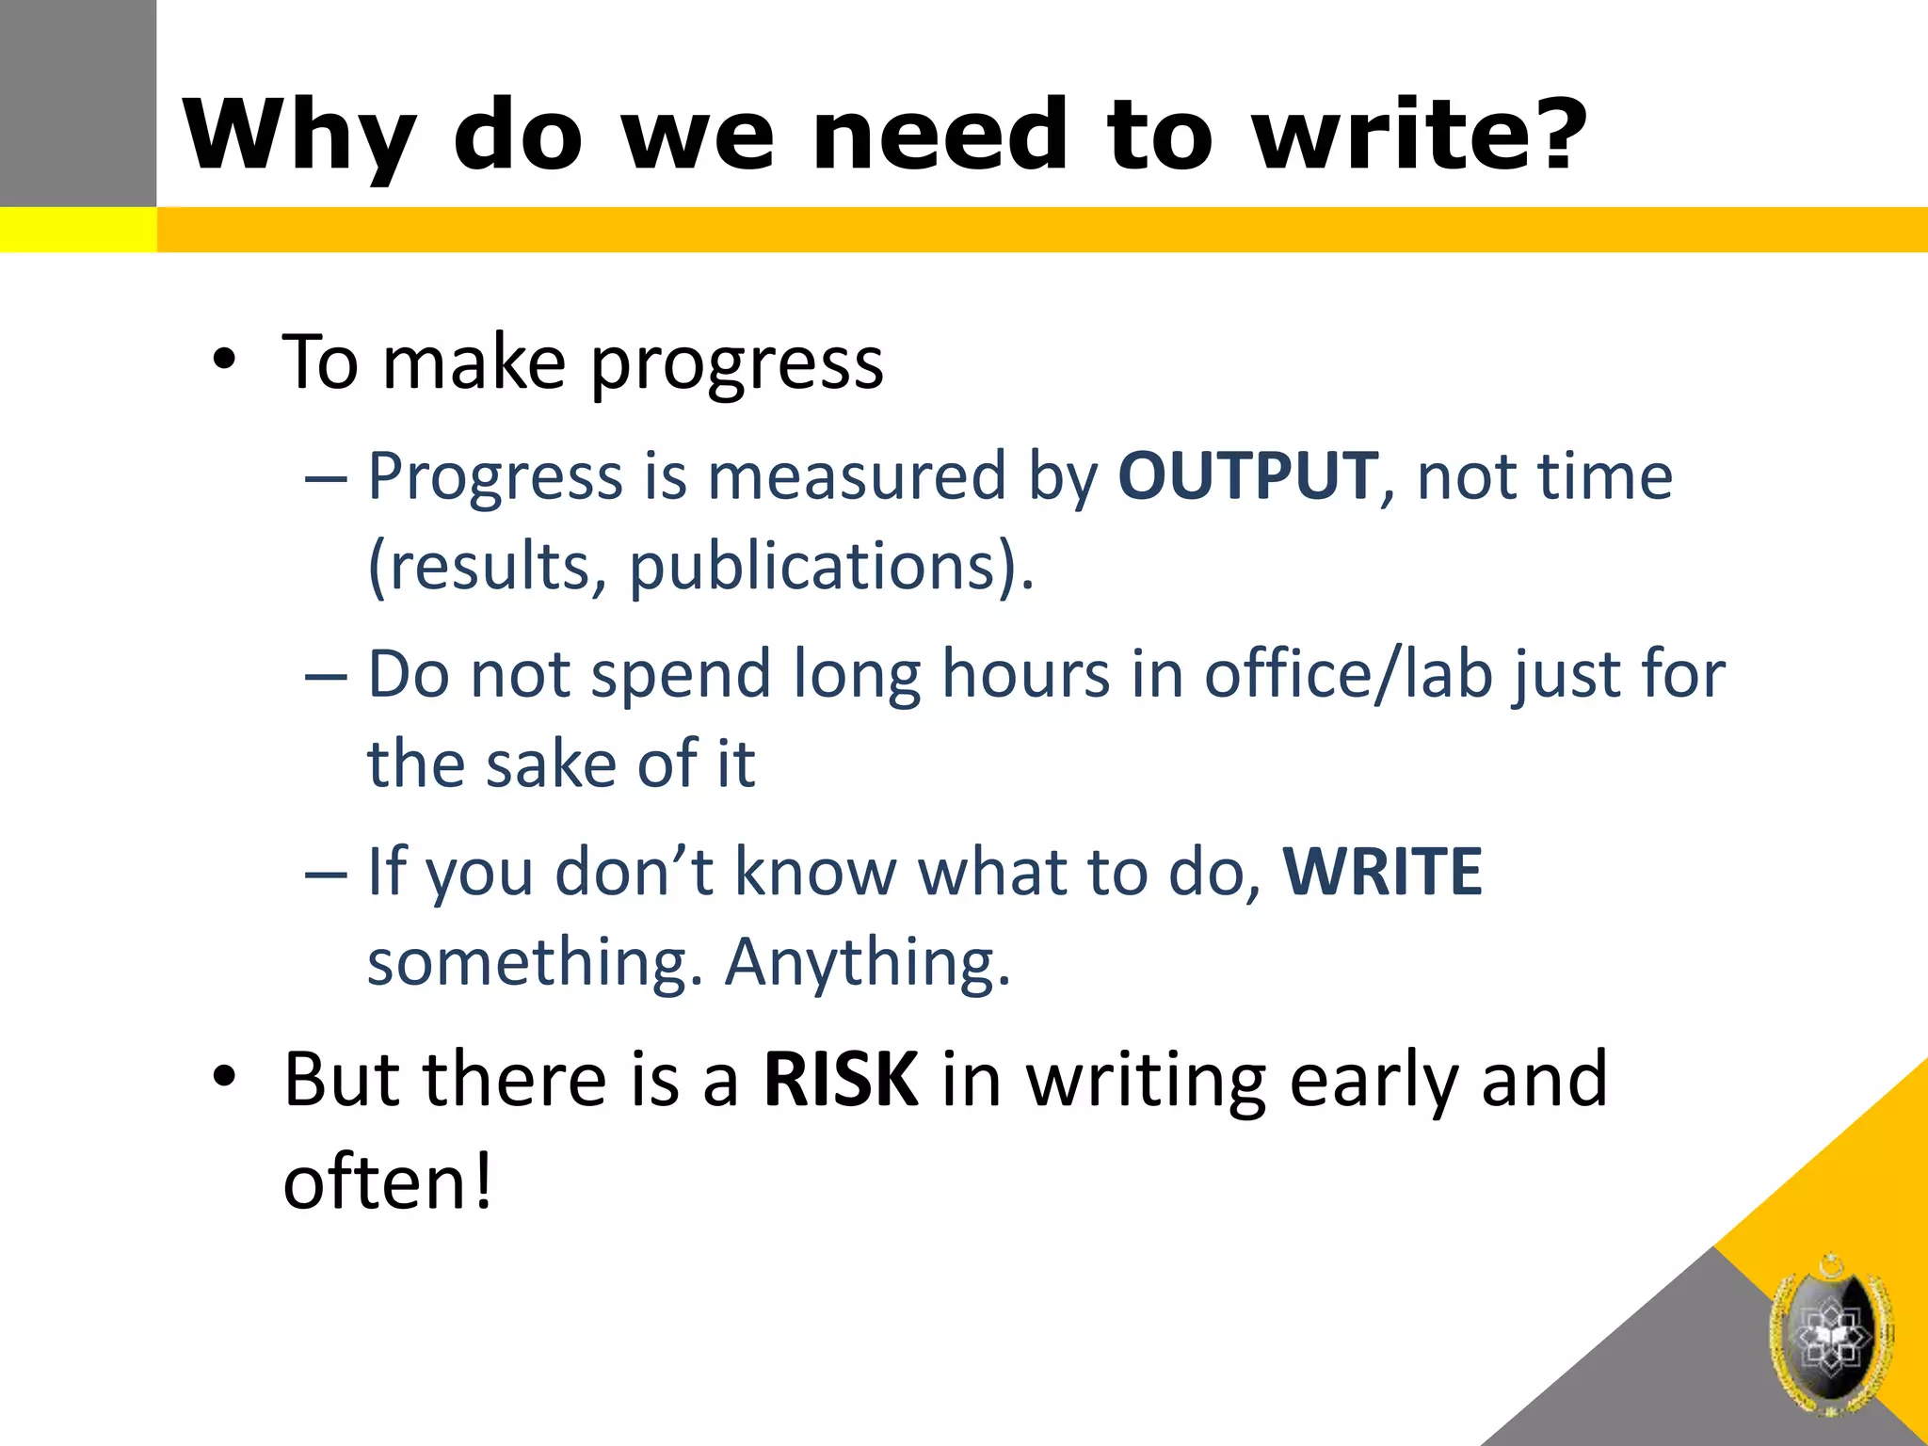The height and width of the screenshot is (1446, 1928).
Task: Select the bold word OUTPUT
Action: (x=1248, y=476)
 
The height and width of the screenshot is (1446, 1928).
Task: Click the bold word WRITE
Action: (x=1382, y=872)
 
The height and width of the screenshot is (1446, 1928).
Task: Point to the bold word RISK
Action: (x=840, y=1080)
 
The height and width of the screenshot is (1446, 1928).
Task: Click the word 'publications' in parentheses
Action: (x=811, y=567)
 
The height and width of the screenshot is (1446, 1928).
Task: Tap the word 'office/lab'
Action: (x=1348, y=674)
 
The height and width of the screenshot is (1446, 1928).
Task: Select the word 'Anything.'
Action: (x=868, y=962)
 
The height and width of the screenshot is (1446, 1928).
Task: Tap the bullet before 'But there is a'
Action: (x=223, y=1078)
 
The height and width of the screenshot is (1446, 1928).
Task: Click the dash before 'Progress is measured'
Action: (x=327, y=479)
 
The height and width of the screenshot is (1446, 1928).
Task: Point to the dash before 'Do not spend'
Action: (x=327, y=677)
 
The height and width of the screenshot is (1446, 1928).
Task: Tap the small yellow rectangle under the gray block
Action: (x=77, y=230)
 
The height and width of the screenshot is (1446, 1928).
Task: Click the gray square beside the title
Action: (x=77, y=102)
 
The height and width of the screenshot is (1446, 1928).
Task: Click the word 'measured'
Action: (x=857, y=476)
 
